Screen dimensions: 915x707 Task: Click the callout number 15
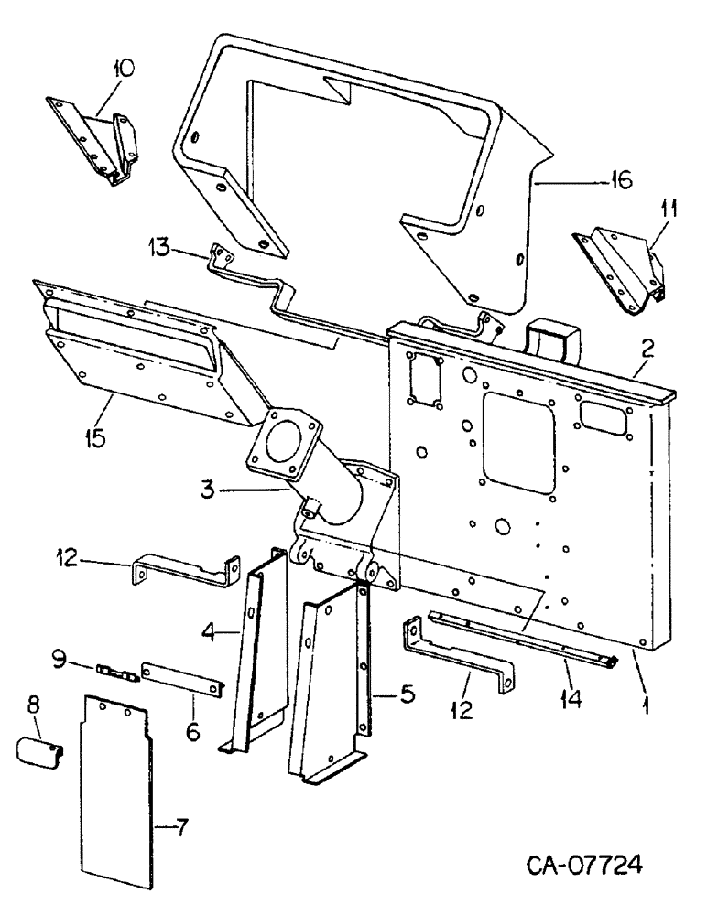(93, 436)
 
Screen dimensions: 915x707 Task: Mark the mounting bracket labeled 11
(623, 270)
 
